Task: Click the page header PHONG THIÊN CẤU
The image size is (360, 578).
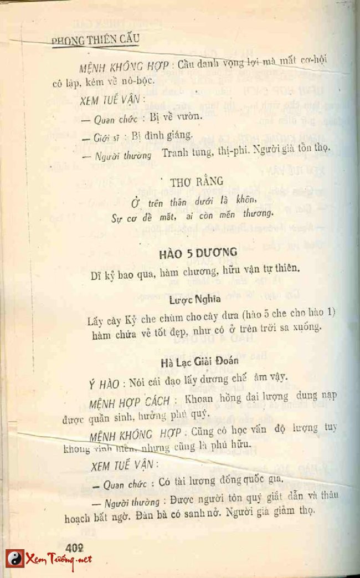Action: click(95, 39)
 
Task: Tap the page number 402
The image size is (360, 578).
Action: click(74, 546)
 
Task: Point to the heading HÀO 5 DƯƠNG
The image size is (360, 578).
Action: click(198, 252)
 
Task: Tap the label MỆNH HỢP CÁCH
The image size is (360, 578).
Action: click(124, 401)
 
